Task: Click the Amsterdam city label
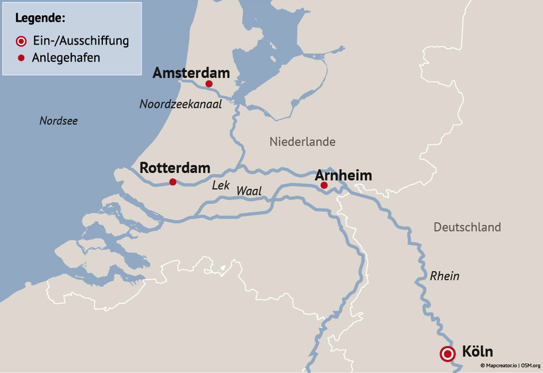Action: [191, 73]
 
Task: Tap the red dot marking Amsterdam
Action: [209, 84]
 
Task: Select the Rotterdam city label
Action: [175, 168]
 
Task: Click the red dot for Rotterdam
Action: [173, 182]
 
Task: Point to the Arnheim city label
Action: [343, 176]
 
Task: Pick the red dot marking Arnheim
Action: [324, 185]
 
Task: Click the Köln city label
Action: [477, 352]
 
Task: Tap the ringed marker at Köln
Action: [448, 353]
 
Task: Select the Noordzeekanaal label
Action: [180, 104]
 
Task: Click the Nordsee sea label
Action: [58, 121]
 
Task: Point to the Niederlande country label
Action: [303, 141]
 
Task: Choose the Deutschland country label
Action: [467, 227]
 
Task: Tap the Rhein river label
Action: [444, 276]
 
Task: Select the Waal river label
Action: [248, 191]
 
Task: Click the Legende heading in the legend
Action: [40, 17]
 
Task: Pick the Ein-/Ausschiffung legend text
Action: [80, 41]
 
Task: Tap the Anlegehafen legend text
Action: [66, 58]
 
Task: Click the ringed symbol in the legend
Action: [21, 41]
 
